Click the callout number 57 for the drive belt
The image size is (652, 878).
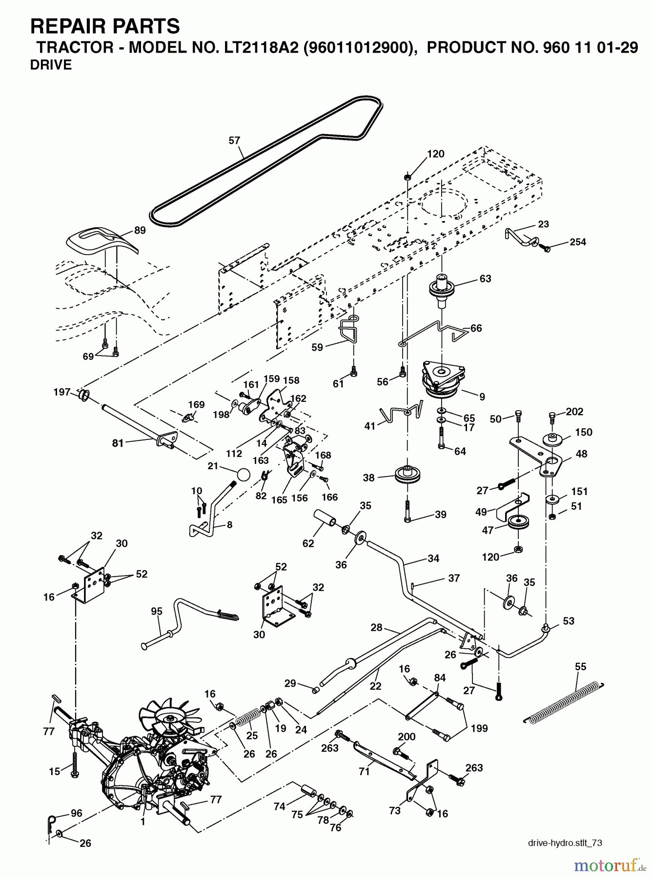pyautogui.click(x=235, y=140)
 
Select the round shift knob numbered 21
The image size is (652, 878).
pyautogui.click(x=244, y=475)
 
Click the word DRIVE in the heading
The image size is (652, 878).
pyautogui.click(x=51, y=65)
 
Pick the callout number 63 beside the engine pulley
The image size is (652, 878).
pyautogui.click(x=485, y=279)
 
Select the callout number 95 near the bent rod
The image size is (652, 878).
pyautogui.click(x=156, y=612)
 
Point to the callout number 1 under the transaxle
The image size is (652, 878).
pyautogui.click(x=143, y=821)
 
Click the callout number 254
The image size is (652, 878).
pyautogui.click(x=578, y=242)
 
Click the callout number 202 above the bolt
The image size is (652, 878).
pyautogui.click(x=574, y=411)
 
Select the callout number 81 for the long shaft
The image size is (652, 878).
pyautogui.click(x=118, y=443)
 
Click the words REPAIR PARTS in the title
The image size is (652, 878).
pyautogui.click(x=105, y=25)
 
